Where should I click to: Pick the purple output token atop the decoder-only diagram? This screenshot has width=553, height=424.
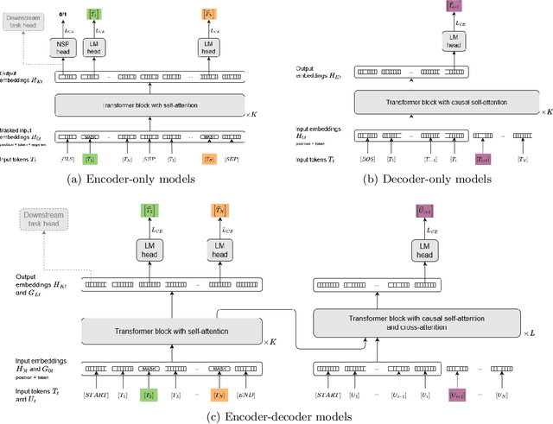(x=455, y=7)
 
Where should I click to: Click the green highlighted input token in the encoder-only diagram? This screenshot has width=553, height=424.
(x=91, y=159)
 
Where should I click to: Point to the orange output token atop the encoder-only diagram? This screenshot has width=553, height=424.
(x=208, y=14)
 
